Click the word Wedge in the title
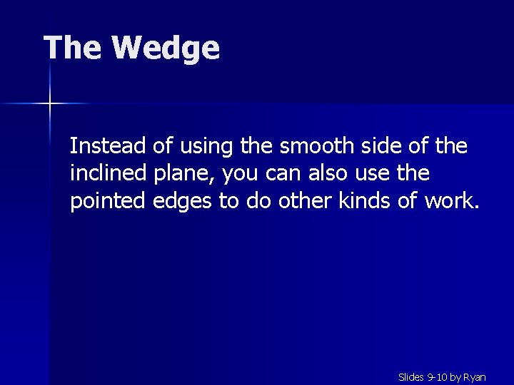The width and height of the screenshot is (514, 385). coord(166,48)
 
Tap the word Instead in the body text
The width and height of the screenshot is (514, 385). coord(109,146)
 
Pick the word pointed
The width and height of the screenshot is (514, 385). coord(109,202)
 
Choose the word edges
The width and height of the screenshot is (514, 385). coord(183,202)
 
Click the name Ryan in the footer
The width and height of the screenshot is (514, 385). coord(474,376)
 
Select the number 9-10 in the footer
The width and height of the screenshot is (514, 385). coord(437,376)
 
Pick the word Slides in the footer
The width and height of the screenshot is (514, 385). coord(410,376)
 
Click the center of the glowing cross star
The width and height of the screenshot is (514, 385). coord(50,104)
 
